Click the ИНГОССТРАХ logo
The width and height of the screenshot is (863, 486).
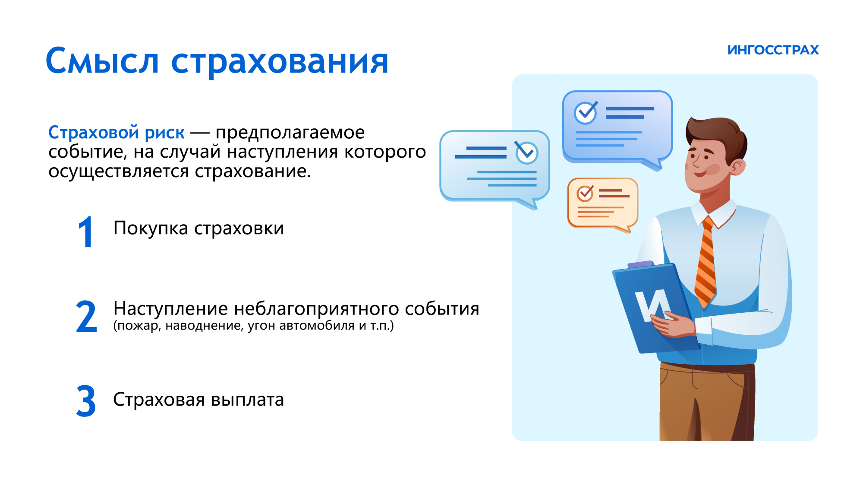coord(773,50)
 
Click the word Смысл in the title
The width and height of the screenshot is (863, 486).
coord(102,60)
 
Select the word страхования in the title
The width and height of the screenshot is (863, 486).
coord(280,63)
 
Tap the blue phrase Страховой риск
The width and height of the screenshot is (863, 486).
coord(117,132)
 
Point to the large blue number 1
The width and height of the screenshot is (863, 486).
coord(85,232)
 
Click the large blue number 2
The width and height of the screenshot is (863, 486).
coord(86,317)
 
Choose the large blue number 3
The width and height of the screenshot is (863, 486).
coord(86,401)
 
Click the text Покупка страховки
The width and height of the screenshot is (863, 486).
coord(198,228)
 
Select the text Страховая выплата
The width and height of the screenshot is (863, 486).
coord(198,400)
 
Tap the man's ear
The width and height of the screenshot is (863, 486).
coord(737,167)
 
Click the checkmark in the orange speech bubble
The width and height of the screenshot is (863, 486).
coord(586,193)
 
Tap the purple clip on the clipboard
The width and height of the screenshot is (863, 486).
coord(641,264)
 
